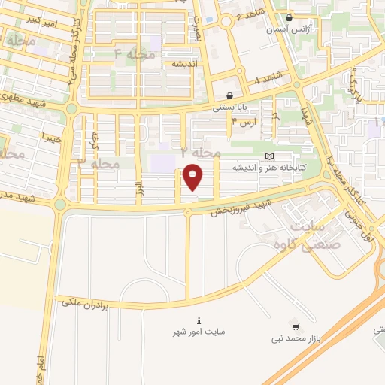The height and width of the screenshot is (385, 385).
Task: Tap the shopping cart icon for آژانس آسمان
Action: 290,17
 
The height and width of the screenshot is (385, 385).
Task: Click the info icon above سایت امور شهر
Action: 199,320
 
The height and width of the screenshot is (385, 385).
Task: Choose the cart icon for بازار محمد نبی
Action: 296,327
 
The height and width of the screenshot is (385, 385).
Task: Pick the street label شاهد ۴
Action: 267,79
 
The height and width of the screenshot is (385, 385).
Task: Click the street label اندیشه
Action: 185,64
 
